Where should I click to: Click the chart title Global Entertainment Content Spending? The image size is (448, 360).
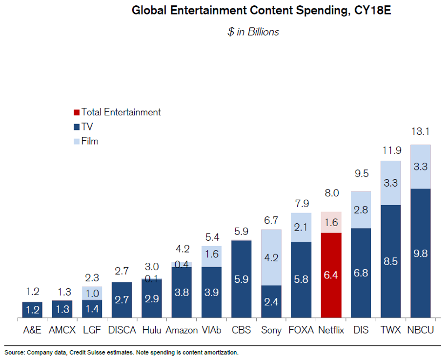(x=261, y=11)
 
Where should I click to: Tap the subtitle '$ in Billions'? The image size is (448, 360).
(x=253, y=32)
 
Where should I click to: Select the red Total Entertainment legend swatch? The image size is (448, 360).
(x=76, y=112)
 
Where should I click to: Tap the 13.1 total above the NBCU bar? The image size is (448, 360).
(x=420, y=132)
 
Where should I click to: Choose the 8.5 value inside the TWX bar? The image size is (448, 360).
(x=390, y=261)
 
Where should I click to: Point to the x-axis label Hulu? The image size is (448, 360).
(x=151, y=330)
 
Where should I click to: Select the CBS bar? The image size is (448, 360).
(x=241, y=280)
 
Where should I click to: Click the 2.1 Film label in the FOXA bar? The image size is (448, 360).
(x=301, y=227)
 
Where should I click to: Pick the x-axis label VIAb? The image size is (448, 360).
(x=211, y=330)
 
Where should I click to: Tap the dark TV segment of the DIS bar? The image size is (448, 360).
(x=361, y=274)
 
